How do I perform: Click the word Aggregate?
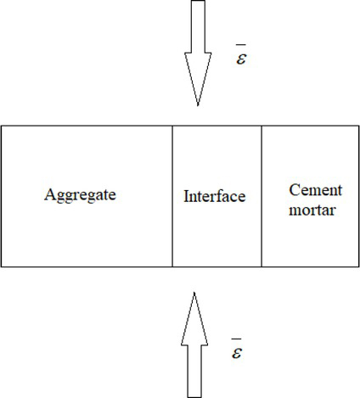coord(79,195)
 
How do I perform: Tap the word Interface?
coord(214,197)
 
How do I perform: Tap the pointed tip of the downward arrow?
coord(198,104)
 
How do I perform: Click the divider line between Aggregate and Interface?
coord(172,196)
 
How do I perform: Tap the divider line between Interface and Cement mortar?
coord(262,196)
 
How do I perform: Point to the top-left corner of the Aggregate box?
coord(1,126)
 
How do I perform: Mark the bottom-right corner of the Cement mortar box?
coord(358,266)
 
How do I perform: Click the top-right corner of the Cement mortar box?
coord(358,126)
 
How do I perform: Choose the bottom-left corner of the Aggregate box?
coord(1,266)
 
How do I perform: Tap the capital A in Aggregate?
coord(49,194)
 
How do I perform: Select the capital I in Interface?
coord(186,196)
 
